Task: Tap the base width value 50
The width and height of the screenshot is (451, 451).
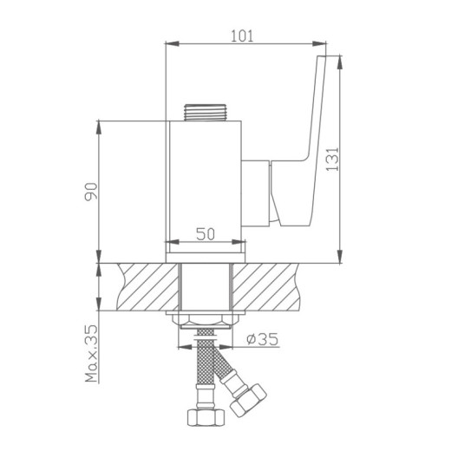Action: (205, 233)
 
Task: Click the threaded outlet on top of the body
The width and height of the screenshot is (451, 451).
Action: (205, 112)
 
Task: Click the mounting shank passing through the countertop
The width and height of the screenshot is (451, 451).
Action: (205, 288)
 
